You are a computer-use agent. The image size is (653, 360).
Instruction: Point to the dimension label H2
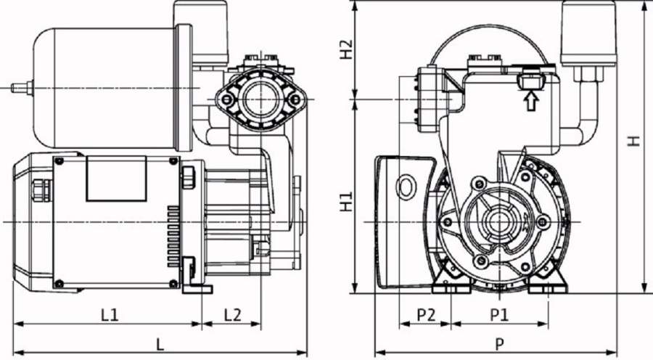(348, 49)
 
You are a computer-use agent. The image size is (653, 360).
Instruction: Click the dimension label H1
(348, 201)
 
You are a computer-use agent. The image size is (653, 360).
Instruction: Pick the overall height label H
(634, 141)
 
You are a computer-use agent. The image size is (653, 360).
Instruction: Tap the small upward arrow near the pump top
(531, 101)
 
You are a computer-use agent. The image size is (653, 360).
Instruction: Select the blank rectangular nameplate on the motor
(116, 179)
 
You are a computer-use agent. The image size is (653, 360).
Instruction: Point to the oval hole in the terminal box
(404, 186)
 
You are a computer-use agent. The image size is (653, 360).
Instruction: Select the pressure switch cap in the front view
(588, 33)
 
